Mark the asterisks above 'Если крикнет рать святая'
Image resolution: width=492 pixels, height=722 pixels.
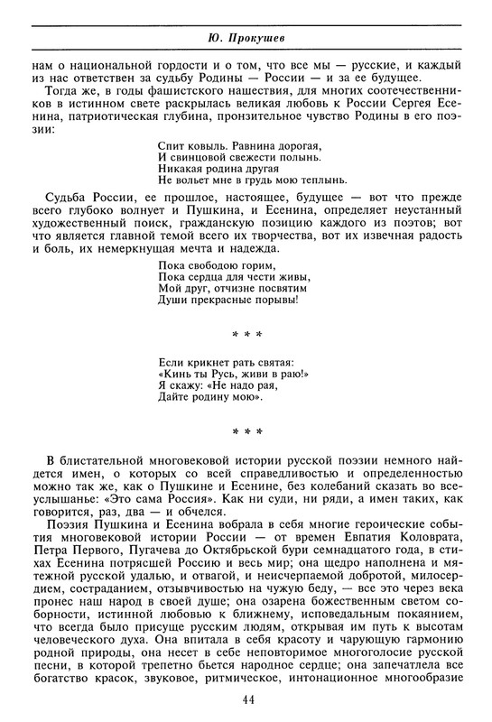(246, 335)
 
